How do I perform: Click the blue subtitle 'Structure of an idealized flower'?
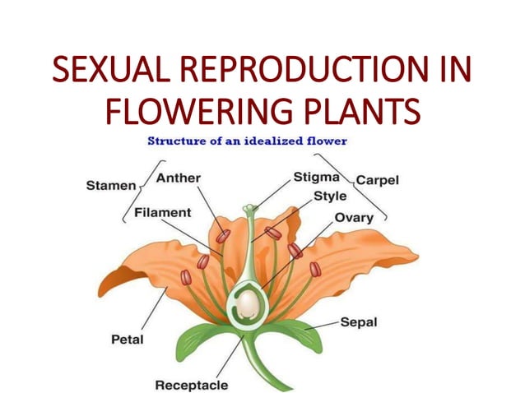(x=247, y=141)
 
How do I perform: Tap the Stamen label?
(x=111, y=186)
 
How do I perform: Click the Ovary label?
(x=354, y=218)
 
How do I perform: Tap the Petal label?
(x=128, y=338)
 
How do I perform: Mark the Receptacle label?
(x=191, y=384)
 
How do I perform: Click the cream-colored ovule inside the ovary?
(x=246, y=306)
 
